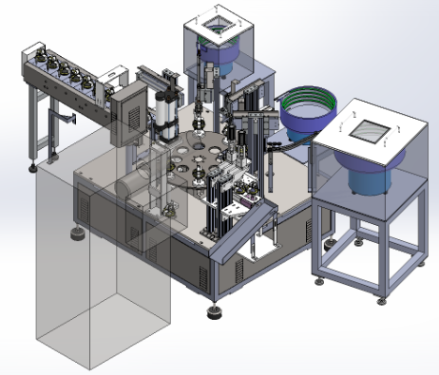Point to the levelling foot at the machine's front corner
[x=216, y=312]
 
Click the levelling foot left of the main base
[x=75, y=233]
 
